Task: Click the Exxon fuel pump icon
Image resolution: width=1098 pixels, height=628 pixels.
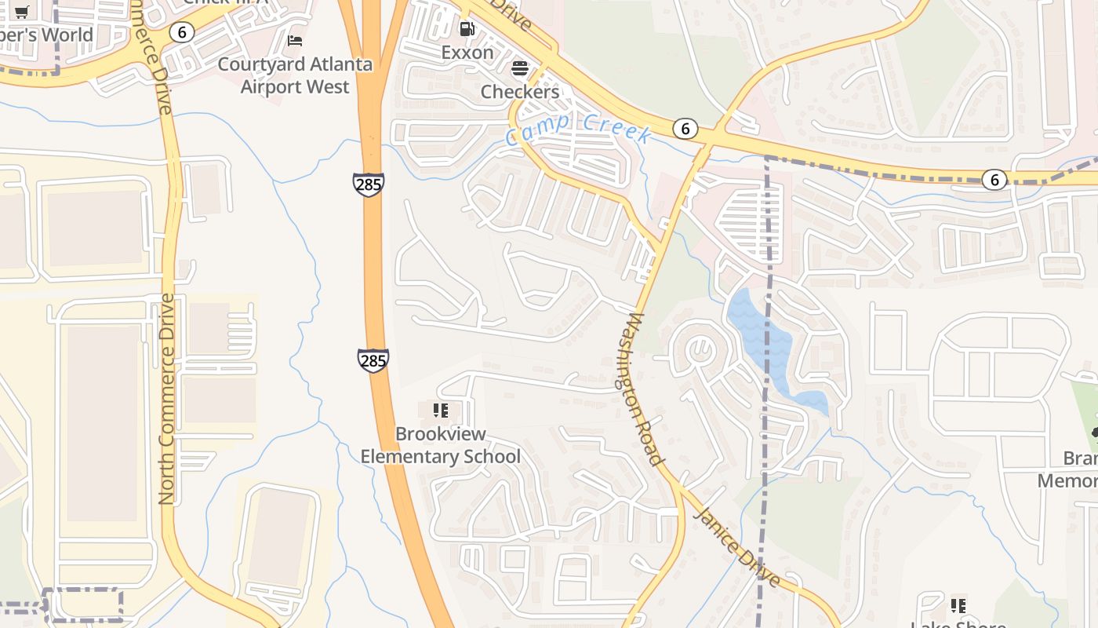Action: click(x=467, y=30)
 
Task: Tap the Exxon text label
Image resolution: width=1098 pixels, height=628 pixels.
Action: click(x=467, y=53)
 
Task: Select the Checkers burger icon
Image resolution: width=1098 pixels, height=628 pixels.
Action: click(x=519, y=69)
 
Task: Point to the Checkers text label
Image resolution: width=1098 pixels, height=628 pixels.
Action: click(x=519, y=92)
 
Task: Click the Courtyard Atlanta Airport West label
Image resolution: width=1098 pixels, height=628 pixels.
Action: click(x=295, y=75)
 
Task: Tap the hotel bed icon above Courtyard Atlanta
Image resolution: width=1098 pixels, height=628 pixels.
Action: click(x=295, y=40)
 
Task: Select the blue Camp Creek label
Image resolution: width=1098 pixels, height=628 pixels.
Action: click(x=578, y=130)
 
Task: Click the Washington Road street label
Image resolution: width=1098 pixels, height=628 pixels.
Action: click(x=646, y=389)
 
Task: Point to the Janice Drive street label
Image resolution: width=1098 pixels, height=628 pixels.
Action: click(x=737, y=546)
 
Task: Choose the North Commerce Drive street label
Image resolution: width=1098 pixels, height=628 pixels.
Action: click(x=165, y=399)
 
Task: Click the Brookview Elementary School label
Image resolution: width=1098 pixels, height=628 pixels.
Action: click(x=440, y=445)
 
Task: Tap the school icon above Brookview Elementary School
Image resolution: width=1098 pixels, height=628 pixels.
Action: click(x=440, y=410)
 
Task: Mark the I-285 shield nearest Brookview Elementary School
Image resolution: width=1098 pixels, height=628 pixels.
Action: click(x=373, y=360)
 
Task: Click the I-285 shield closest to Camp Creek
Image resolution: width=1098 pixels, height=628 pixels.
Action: click(x=368, y=184)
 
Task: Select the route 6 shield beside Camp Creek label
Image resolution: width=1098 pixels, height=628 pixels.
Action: click(x=685, y=129)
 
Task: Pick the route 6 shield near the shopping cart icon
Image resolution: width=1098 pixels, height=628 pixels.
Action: click(x=182, y=32)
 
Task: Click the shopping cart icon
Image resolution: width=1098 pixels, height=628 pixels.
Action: click(x=22, y=12)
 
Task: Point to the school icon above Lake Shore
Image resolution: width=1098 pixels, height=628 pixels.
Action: click(x=958, y=605)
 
